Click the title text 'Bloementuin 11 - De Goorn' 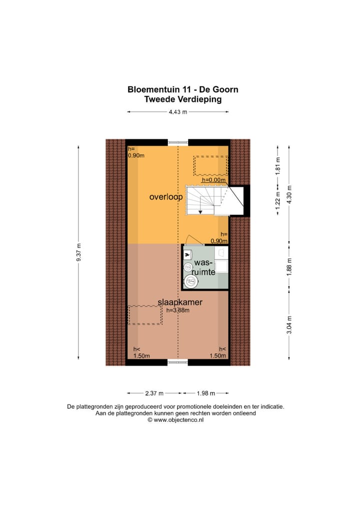[182, 89]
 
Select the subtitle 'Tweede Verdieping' [182, 99]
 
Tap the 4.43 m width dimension [178, 112]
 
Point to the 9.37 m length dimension [79, 252]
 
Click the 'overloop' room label [166, 197]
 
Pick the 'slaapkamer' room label [180, 302]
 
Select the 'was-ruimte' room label [204, 267]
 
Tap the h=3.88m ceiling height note [178, 310]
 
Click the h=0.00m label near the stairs [214, 180]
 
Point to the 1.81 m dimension [278, 165]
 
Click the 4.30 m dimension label [288, 194]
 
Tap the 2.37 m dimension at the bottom [154, 392]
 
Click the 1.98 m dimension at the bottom [205, 392]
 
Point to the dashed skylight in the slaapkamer [145, 315]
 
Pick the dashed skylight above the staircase [210, 164]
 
